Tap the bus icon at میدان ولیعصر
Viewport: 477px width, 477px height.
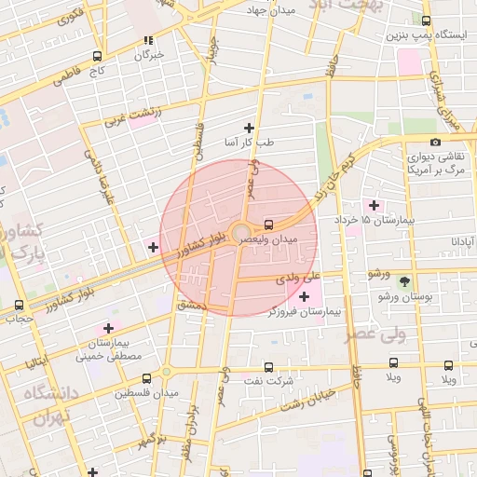coord(268,224)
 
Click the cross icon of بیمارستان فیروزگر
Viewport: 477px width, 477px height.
coord(305,295)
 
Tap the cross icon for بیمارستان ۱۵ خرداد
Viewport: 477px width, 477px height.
coord(374,205)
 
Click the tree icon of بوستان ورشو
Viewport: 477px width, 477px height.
coord(404,281)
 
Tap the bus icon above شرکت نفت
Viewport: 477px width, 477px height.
coord(269,367)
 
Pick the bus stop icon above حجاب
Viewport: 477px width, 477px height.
coord(20,305)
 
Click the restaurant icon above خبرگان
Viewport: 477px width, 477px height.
coord(147,40)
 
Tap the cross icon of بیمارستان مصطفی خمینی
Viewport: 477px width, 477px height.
coord(109,328)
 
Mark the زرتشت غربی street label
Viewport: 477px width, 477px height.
coord(131,116)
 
